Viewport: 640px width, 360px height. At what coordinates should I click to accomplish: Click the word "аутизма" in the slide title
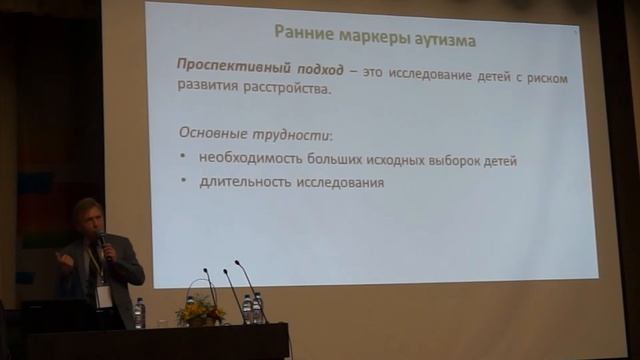441,42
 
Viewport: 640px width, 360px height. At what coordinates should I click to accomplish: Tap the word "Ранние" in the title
305,42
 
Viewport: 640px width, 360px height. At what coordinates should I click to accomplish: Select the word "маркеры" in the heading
369,42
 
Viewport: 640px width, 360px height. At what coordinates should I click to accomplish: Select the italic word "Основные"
211,133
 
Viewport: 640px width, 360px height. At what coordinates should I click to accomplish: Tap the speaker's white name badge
104,296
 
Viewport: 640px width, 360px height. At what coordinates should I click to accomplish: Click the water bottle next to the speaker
139,313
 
